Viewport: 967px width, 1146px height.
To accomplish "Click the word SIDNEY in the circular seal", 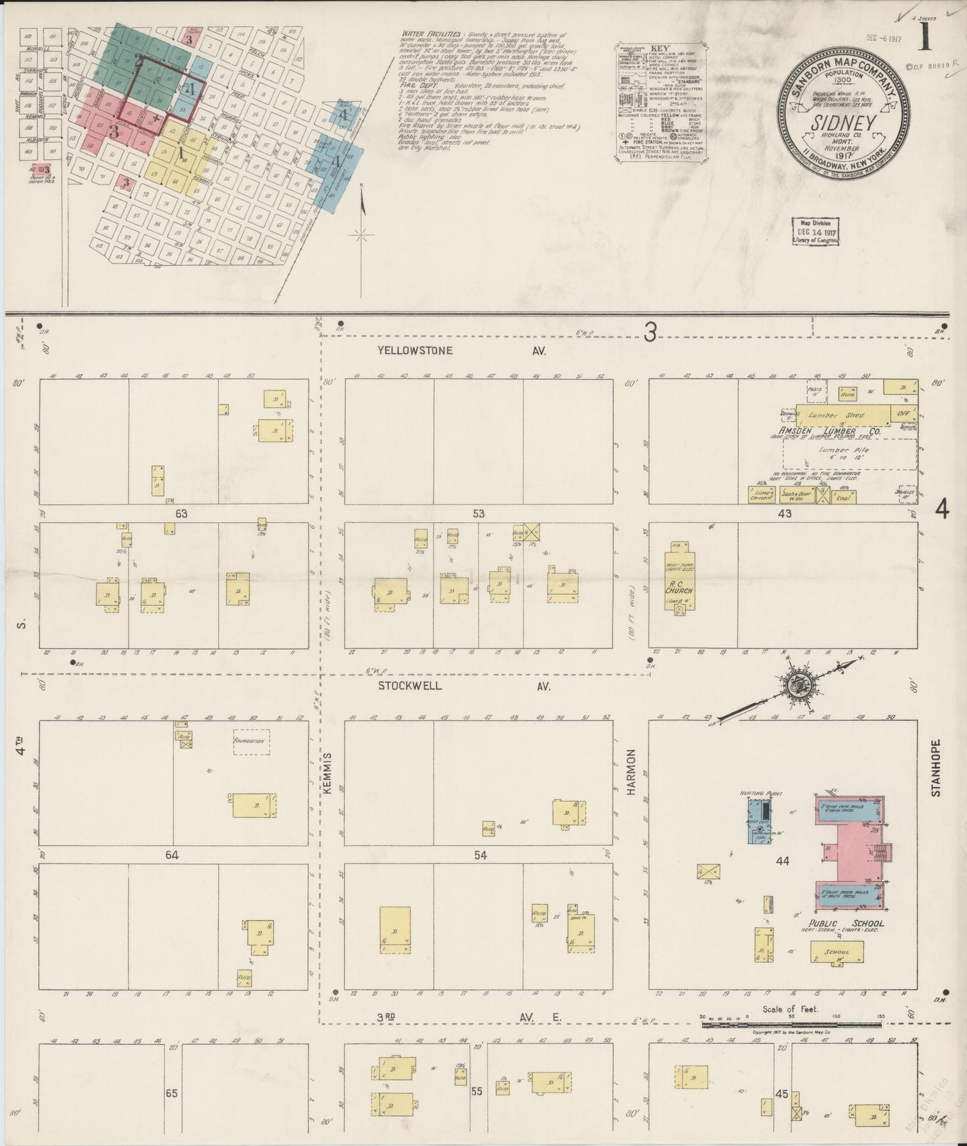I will coord(844,124).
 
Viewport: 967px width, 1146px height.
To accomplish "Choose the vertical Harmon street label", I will coord(630,772).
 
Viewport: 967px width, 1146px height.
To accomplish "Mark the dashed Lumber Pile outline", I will coord(850,455).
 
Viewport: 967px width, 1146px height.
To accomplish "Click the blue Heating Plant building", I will coord(759,820).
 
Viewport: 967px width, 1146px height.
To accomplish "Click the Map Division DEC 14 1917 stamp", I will coord(816,231).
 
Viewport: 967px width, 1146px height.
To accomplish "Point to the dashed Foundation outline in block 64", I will coord(252,741).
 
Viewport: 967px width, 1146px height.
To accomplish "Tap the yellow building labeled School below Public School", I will coord(837,952).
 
